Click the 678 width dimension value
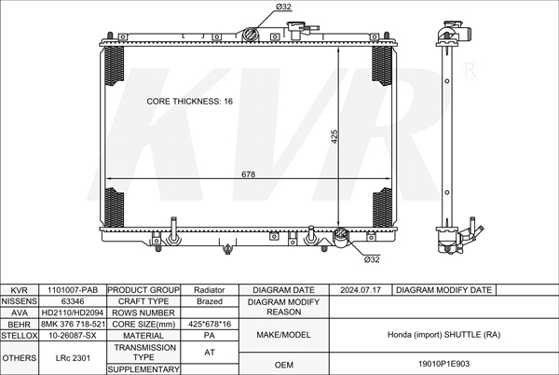(249, 174)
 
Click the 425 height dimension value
(334, 136)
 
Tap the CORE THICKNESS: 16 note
(190, 102)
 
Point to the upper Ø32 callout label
(283, 7)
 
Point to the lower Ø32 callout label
(372, 259)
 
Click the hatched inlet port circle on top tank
(250, 35)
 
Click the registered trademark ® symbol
(470, 70)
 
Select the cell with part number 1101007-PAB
(73, 290)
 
